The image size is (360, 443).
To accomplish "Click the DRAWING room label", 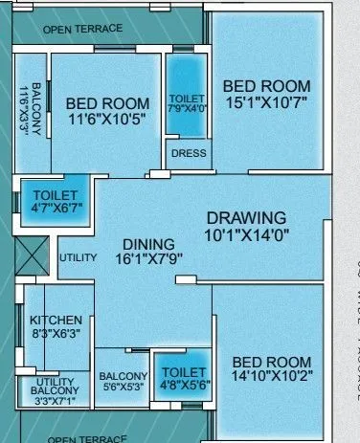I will pyautogui.click(x=246, y=217).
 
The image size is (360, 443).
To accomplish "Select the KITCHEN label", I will pyautogui.click(x=56, y=320).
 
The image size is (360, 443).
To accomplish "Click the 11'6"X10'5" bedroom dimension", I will pyautogui.click(x=107, y=119).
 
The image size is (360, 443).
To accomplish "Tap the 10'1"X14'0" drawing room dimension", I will pyautogui.click(x=247, y=233).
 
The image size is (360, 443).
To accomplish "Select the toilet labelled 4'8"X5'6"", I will pyautogui.click(x=184, y=377).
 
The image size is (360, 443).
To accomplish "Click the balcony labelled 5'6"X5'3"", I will pyautogui.click(x=124, y=382).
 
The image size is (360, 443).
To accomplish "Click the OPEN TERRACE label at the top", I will pyautogui.click(x=82, y=29).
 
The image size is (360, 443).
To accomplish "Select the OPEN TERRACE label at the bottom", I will pyautogui.click(x=87, y=438).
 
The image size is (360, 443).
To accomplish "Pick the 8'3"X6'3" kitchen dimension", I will pyautogui.click(x=56, y=335).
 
